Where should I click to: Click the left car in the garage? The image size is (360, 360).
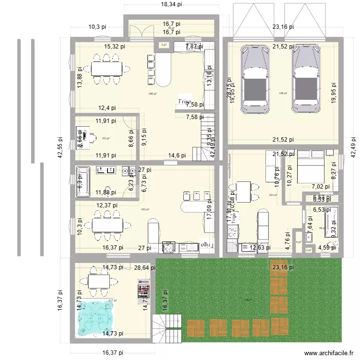click(x=255, y=79)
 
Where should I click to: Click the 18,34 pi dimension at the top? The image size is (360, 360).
click(x=171, y=4)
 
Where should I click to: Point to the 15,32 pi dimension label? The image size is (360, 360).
click(x=115, y=47)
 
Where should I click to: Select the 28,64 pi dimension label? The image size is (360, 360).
click(x=145, y=268)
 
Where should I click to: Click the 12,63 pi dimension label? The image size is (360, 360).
click(x=260, y=248)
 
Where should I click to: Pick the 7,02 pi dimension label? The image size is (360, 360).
click(x=321, y=187)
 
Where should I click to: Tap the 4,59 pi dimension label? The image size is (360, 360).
click(x=328, y=248)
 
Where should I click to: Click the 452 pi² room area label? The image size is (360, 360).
click(x=144, y=209)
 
